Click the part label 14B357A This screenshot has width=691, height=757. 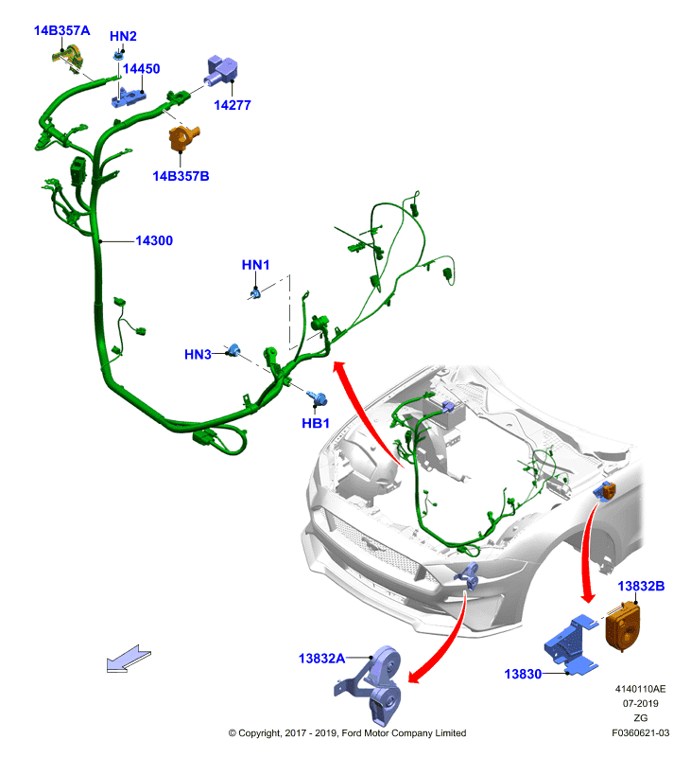click(x=61, y=30)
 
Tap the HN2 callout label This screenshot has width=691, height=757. click(x=123, y=36)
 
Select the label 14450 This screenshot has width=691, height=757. click(x=141, y=68)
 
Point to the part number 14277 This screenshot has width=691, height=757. click(x=233, y=105)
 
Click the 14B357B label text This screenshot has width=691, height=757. click(x=181, y=176)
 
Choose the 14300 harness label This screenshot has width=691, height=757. click(x=154, y=240)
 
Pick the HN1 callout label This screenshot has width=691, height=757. click(x=255, y=265)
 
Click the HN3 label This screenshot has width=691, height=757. click(x=198, y=354)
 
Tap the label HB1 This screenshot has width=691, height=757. click(x=316, y=423)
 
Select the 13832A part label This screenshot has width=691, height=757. click(x=321, y=658)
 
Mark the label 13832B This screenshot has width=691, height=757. click(x=641, y=586)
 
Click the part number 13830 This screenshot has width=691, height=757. click(x=523, y=674)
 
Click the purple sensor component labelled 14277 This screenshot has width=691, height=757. click(x=222, y=71)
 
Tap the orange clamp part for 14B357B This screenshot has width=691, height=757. click(x=182, y=137)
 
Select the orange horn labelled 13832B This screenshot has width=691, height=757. click(x=623, y=625)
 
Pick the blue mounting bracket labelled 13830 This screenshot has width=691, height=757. click(x=571, y=644)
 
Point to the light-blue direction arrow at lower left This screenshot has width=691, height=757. click(x=129, y=659)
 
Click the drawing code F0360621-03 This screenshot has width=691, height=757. click(x=640, y=732)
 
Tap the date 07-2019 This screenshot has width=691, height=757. click(x=640, y=703)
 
